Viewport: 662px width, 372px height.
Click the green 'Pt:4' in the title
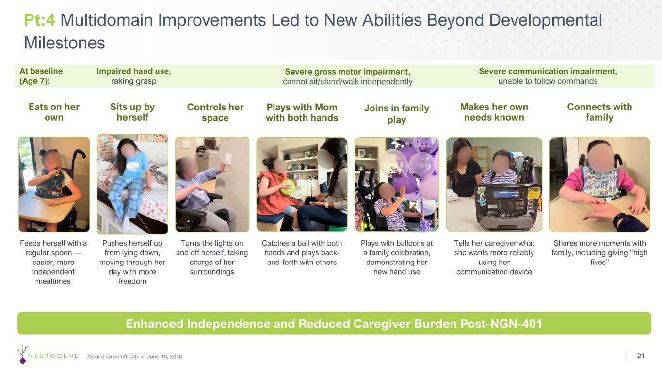pos(40,20)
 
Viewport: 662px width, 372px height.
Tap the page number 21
pos(641,356)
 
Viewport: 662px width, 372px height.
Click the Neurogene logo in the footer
pos(48,355)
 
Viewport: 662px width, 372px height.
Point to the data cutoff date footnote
pos(134,356)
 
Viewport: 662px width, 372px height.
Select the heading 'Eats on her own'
pos(54,112)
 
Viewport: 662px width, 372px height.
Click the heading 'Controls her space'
pos(215,112)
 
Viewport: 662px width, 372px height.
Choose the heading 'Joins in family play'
pos(397,114)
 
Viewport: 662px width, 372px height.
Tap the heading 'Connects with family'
pos(599,112)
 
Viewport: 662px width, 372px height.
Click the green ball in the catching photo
pos(288,187)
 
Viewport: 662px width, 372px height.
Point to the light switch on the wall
pos(228,159)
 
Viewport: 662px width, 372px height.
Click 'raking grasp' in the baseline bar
pos(133,81)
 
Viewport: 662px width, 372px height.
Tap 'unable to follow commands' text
pos(548,81)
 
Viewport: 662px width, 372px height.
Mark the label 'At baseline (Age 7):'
pos(41,76)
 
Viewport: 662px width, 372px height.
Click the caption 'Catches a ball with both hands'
pos(302,248)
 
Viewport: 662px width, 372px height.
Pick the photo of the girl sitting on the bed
pos(132,184)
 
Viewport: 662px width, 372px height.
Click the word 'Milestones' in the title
pos(65,43)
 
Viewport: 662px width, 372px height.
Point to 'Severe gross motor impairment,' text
pos(348,72)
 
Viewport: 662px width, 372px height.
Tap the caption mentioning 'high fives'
pos(599,252)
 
